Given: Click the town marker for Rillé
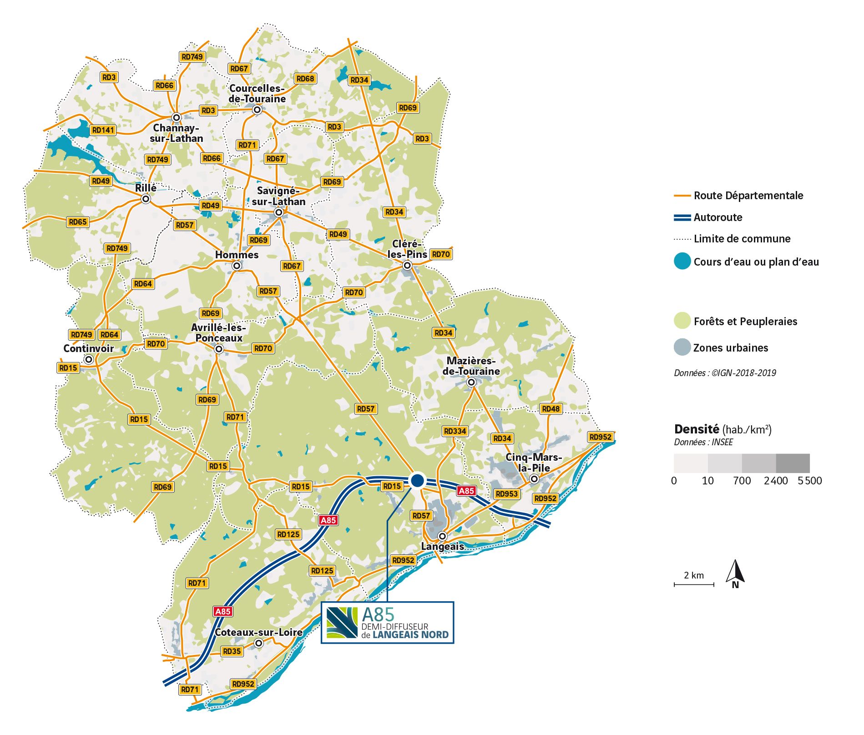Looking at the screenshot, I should click(x=146, y=199).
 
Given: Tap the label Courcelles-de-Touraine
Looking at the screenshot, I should click(x=257, y=94).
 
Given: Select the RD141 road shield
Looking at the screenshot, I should click(x=103, y=130).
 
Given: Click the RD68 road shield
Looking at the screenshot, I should click(x=305, y=79).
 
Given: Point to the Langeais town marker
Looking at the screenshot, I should click(x=442, y=536).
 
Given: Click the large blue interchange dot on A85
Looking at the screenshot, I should click(x=417, y=480).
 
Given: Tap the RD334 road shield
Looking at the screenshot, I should click(x=455, y=431).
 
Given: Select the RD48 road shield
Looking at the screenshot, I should click(x=551, y=409).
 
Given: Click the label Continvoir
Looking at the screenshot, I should click(x=88, y=348).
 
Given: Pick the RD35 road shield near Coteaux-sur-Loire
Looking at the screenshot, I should click(x=232, y=651).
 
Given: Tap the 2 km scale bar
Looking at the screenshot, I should click(x=694, y=584).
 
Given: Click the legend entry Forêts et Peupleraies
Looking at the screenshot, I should click(x=745, y=322).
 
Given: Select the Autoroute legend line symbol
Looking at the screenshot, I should click(x=682, y=217).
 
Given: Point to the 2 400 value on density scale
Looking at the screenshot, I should click(x=776, y=481).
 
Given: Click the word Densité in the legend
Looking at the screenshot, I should click(x=696, y=429).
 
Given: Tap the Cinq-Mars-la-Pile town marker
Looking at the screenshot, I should click(x=535, y=479).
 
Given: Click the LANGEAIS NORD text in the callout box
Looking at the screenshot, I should click(x=410, y=634).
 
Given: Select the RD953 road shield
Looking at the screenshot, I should click(x=506, y=494).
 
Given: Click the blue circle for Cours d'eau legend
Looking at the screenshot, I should click(x=682, y=262).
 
